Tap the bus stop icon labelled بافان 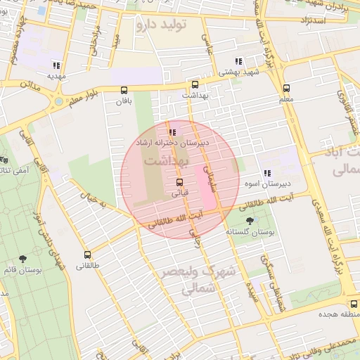pyautogui.click(x=124, y=90)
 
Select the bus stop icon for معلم pyautogui.click(x=286, y=89)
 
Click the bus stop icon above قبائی pyautogui.click(x=180, y=183)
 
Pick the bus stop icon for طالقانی pyautogui.click(x=88, y=255)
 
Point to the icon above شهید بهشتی pyautogui.click(x=240, y=61)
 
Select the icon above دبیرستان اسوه pyautogui.click(x=266, y=173)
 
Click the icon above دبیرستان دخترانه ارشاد pyautogui.click(x=172, y=131)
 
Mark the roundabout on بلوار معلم pyautogui.click(x=57, y=102)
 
